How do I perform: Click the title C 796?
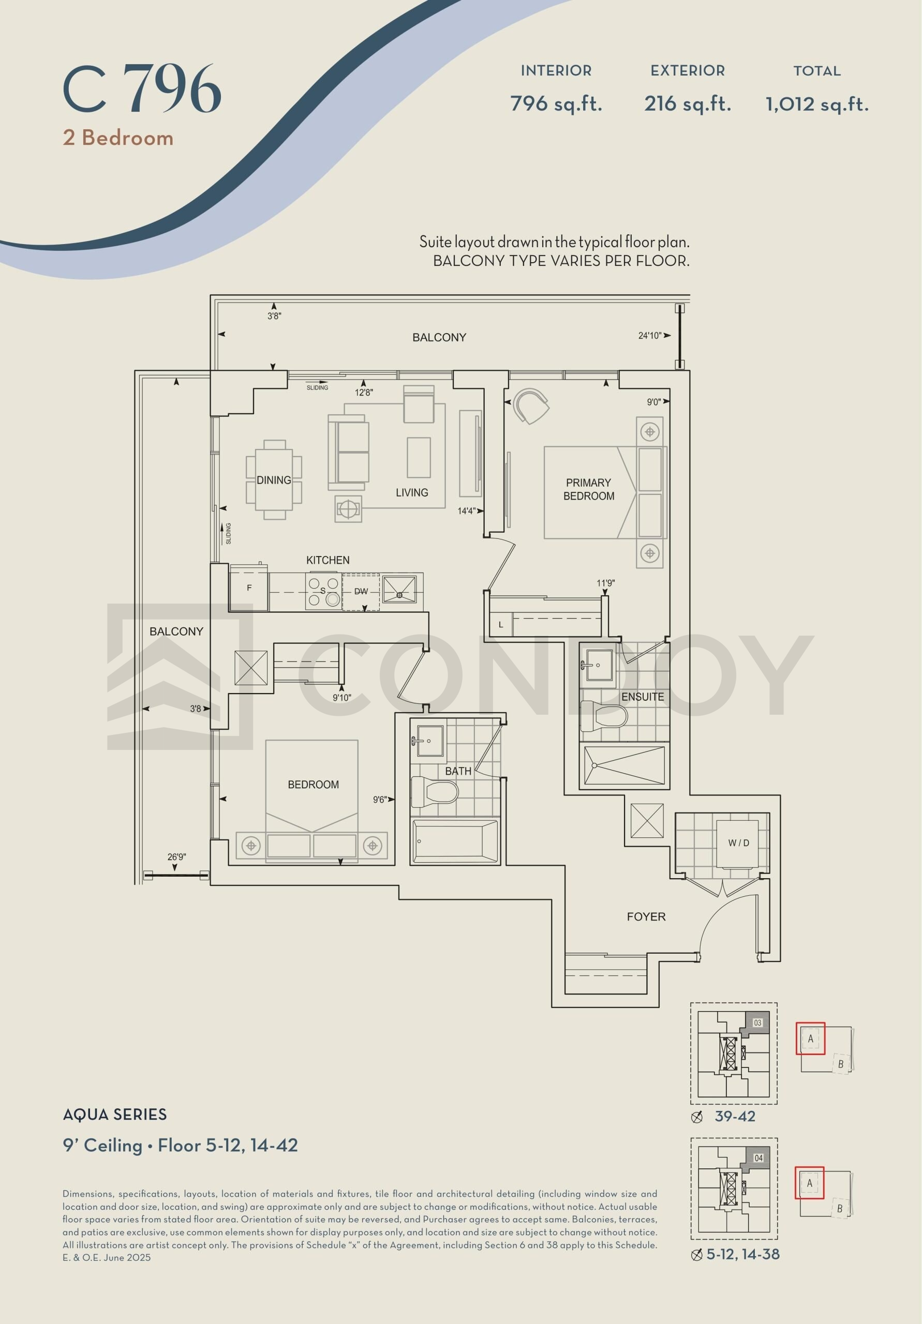click(x=142, y=89)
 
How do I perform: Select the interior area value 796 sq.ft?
click(x=556, y=104)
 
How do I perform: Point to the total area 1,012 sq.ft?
click(x=817, y=104)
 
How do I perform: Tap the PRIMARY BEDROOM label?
click(x=588, y=489)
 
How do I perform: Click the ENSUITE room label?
click(x=642, y=697)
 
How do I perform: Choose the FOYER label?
click(x=646, y=916)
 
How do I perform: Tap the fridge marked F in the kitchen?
click(x=249, y=588)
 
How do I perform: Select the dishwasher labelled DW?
click(x=361, y=592)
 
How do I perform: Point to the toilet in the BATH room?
click(x=434, y=792)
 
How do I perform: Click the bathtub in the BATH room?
click(x=455, y=841)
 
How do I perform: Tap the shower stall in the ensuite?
click(x=624, y=765)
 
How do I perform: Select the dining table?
click(x=274, y=480)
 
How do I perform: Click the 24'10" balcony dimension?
click(x=650, y=336)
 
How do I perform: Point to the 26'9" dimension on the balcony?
click(x=176, y=857)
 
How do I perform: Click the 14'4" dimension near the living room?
click(x=466, y=511)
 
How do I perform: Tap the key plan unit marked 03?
click(x=757, y=1022)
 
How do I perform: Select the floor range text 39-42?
click(x=735, y=1117)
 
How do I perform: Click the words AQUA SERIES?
click(x=115, y=1115)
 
